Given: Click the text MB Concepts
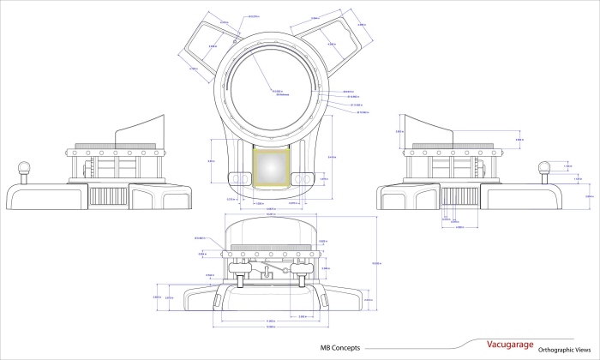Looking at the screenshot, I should [339, 348].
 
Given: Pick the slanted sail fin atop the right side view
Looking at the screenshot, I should [429, 129].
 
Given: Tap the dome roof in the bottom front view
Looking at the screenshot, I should [272, 230].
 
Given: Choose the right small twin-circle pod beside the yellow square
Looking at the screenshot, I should [302, 177].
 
